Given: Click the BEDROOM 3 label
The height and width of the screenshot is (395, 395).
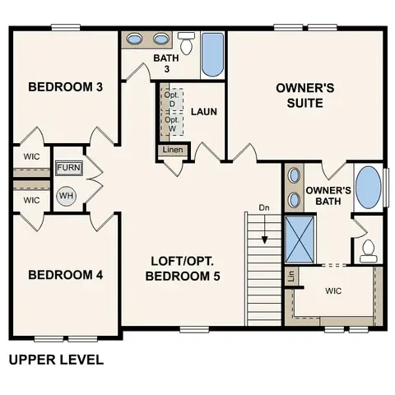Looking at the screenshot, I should point(65,87).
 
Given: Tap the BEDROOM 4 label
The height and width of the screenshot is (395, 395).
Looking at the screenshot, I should point(65,275).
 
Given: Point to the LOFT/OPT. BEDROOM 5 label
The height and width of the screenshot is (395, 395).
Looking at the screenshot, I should point(184,269).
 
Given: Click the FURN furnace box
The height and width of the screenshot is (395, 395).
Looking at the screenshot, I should point(67,169).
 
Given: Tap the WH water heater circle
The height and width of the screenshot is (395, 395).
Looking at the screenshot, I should point(67,196).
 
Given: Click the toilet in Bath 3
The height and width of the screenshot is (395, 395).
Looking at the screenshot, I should point(187,44).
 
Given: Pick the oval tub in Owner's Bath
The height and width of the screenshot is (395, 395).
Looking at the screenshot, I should point(368,188).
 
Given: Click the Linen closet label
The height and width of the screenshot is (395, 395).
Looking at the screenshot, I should point(173,151).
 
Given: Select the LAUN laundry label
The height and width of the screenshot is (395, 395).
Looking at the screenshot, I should point(203,111).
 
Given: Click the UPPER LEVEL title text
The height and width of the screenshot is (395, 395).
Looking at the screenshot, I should point(55,360).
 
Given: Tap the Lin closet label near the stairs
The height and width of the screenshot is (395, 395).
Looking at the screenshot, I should point(290,277).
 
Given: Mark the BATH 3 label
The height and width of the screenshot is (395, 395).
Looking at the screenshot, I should point(167,63).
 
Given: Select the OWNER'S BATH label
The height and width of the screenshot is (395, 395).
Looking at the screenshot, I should point(328,196).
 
